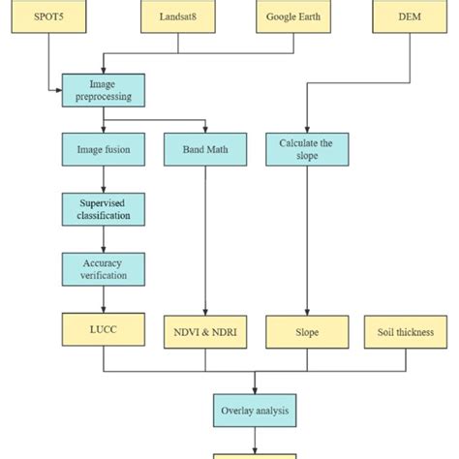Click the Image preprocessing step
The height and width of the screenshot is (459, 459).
pos(103,90)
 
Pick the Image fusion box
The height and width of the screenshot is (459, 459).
pos(103,149)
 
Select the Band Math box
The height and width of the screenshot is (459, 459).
pos(204,149)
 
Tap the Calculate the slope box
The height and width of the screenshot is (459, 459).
pos(306,149)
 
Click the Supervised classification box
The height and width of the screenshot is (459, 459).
pos(103,209)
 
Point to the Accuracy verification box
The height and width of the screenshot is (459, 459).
pos(103,268)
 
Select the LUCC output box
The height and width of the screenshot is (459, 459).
pos(103,330)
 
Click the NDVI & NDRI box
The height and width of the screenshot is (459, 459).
pos(204,331)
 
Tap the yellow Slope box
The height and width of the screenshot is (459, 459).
pos(306,331)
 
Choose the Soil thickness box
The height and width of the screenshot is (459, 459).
pos(406,331)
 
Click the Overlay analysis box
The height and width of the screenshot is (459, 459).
pos(254,409)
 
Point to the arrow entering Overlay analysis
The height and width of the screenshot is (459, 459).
pos(254,384)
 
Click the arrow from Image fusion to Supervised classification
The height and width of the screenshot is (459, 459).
pos(103,180)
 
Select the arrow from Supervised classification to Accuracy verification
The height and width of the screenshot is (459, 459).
pos(103,239)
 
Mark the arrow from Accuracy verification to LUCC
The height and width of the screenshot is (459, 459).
pos(103,300)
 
